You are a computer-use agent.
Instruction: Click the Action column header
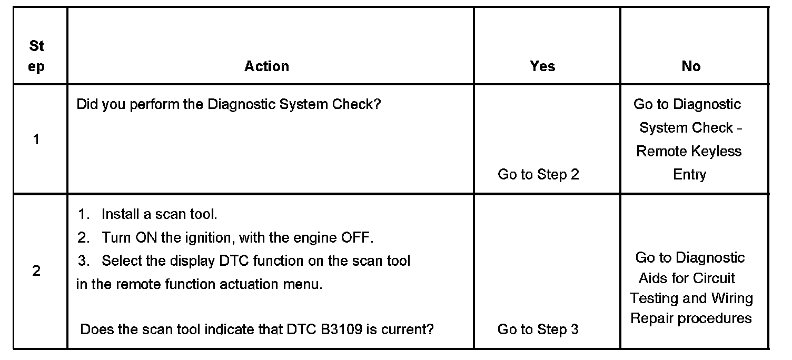[266, 66]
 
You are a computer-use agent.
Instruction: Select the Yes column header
[542, 66]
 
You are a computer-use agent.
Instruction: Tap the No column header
[691, 66]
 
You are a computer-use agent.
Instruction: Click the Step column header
[36, 56]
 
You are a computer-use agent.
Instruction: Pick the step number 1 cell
[36, 139]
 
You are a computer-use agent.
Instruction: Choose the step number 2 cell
[36, 272]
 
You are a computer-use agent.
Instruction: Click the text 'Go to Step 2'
[538, 175]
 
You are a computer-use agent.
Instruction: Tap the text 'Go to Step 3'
[538, 329]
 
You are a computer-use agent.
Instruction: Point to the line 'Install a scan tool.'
[159, 214]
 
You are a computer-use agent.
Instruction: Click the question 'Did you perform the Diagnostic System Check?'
[229, 104]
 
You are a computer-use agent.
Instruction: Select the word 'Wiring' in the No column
[732, 298]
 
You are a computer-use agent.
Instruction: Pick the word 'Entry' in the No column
[689, 175]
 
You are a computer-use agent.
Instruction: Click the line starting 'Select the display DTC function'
[256, 261]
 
